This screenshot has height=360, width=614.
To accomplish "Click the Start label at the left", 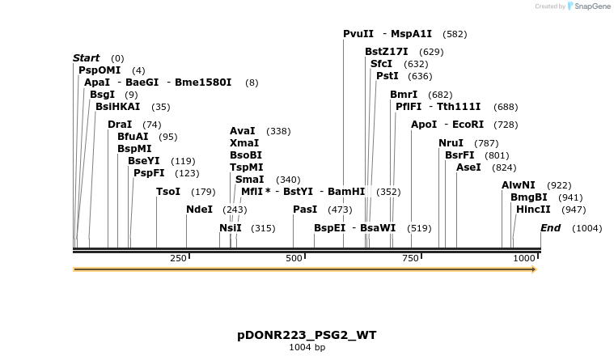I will [86, 58].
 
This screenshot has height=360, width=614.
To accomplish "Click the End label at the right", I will [550, 228].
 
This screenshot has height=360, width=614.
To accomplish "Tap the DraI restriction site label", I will [120, 125].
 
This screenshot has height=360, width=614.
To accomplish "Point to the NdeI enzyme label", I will [199, 210].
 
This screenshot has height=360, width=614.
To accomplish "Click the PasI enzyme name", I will [305, 210].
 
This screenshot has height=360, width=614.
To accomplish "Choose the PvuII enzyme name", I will [358, 34].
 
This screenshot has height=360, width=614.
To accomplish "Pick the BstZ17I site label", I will [387, 52].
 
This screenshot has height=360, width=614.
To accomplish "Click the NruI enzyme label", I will [451, 143].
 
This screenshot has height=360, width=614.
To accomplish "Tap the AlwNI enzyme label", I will [519, 185].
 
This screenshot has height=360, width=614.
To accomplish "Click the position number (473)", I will [340, 210].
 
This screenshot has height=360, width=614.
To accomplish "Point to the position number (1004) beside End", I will [586, 228].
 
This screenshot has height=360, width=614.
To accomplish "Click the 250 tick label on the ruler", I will [178, 258].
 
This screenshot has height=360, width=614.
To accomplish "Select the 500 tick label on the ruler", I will [294, 258].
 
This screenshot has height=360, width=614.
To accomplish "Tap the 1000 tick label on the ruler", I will [523, 258].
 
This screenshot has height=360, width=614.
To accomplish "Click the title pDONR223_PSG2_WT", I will [307, 335].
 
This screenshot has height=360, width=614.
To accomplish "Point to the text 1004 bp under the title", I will [307, 348].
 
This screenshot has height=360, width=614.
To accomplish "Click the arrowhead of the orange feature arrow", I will [532, 269].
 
